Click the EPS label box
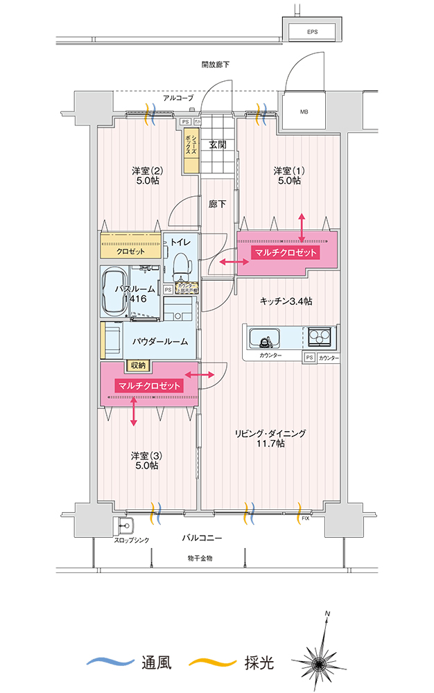[313, 32]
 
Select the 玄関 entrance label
[218, 145]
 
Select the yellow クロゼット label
[130, 251]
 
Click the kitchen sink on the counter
[264, 340]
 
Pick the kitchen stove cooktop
[320, 337]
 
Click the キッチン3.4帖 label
[285, 301]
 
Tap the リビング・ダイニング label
[270, 438]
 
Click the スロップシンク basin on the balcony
[125, 525]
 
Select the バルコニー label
[202, 538]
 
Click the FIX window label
[306, 518]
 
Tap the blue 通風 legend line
[110, 662]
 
